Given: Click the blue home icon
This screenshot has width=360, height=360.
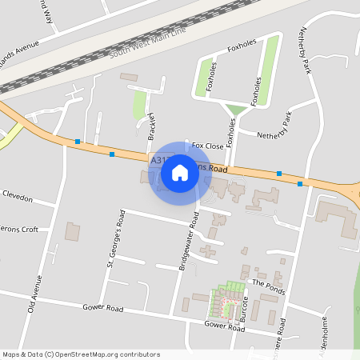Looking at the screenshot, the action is click(180, 173).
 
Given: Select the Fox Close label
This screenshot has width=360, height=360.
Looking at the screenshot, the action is click(207, 146).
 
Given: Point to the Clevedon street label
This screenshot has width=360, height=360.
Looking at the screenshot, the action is click(18, 196).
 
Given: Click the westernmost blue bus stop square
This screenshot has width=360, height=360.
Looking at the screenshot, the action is click(78, 142).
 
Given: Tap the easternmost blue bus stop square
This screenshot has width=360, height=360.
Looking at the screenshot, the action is click(300, 184).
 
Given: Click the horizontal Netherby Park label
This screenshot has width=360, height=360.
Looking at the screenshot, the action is click(276, 135).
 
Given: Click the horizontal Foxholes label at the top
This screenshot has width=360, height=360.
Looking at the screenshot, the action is click(242, 49).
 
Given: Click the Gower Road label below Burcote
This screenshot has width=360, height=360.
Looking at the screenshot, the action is click(224, 326).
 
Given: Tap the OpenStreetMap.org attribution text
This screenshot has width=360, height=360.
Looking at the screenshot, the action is click(106, 354).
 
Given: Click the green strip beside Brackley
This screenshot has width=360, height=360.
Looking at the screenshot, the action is click(140, 105).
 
